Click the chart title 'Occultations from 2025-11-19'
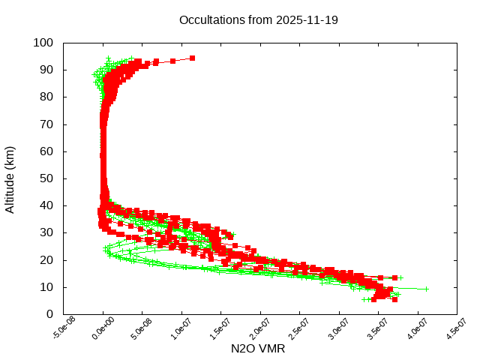258,19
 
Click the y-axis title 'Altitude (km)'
10,178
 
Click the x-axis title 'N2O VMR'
258,349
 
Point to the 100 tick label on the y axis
43,43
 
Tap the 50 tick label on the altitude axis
46,178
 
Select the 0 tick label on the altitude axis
49,314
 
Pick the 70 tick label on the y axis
46,124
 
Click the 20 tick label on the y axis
46,260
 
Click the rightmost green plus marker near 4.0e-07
426,289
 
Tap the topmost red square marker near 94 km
192,58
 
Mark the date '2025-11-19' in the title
307,19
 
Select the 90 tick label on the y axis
46,70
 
